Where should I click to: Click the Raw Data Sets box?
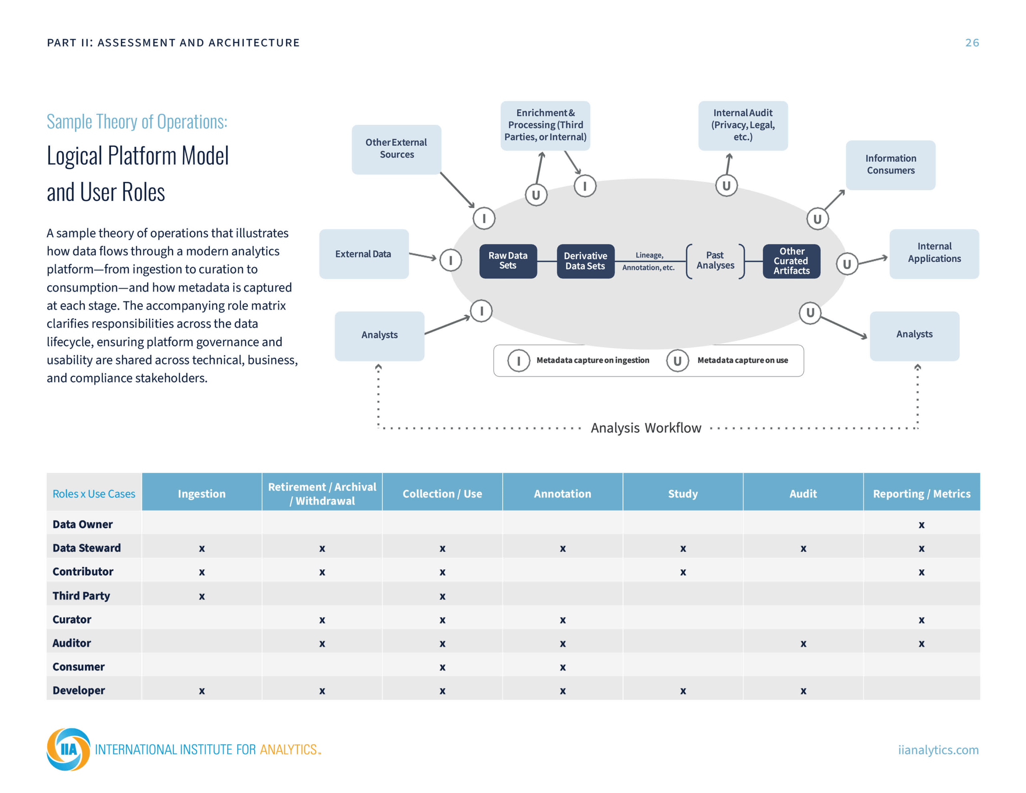pyautogui.click(x=508, y=261)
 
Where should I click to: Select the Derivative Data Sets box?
pyautogui.click(x=586, y=261)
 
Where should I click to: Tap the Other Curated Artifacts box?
pyautogui.click(x=792, y=261)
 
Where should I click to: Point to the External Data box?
pyautogui.click(x=364, y=254)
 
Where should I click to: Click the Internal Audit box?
pyautogui.click(x=743, y=125)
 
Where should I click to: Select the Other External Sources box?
pyautogui.click(x=396, y=150)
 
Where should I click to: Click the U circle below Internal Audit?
pyautogui.click(x=726, y=186)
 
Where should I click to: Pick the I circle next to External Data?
pyautogui.click(x=450, y=260)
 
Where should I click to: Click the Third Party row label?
pyautogui.click(x=81, y=596)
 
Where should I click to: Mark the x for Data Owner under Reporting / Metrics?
pyautogui.click(x=921, y=525)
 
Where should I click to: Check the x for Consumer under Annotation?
pyautogui.click(x=562, y=668)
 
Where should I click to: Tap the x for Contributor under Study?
pyautogui.click(x=683, y=572)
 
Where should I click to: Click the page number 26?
pyautogui.click(x=972, y=43)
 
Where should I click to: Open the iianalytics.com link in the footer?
pyautogui.click(x=938, y=750)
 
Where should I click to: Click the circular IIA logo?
pyautogui.click(x=69, y=749)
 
